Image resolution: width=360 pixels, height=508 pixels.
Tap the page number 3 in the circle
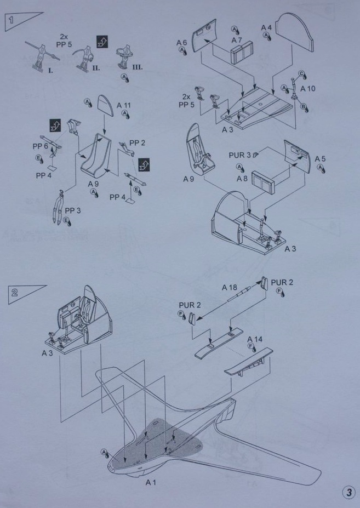[348, 492]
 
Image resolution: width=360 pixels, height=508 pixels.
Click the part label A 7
[237, 40]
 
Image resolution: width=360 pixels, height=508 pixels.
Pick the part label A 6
[182, 42]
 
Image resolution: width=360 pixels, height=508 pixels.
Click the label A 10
[308, 89]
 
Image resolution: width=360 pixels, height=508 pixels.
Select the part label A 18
[230, 287]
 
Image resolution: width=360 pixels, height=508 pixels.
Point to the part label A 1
[151, 483]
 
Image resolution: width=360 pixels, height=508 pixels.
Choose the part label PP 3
[73, 210]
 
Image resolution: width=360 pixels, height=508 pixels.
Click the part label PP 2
[138, 143]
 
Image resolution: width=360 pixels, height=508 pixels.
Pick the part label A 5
[320, 159]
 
